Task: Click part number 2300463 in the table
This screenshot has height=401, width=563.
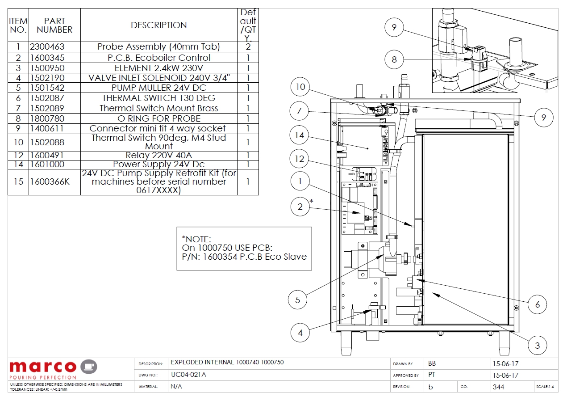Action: (x=47, y=47)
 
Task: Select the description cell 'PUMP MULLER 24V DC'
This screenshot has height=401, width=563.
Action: (x=158, y=88)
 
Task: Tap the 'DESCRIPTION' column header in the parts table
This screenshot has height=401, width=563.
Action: (x=158, y=25)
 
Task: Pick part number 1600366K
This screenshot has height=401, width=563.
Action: (x=50, y=182)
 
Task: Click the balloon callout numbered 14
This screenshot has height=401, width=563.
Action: (x=300, y=135)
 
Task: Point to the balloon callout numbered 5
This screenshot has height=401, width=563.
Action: (x=298, y=300)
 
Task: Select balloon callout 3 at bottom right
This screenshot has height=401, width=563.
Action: (x=537, y=346)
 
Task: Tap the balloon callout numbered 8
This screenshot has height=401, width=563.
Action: (x=394, y=59)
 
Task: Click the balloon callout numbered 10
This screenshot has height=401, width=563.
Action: (x=300, y=87)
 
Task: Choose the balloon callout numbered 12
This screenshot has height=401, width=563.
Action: (x=300, y=158)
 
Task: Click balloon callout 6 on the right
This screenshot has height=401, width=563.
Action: (x=538, y=304)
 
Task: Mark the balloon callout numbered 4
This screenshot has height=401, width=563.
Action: (x=300, y=333)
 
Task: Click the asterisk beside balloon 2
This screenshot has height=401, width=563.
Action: (x=312, y=202)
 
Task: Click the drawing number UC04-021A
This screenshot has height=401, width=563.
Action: (x=188, y=375)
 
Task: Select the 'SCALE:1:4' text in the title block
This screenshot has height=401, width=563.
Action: (x=546, y=387)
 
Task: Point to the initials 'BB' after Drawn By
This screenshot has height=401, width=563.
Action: (x=432, y=363)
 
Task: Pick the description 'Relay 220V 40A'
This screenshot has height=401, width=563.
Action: (x=158, y=156)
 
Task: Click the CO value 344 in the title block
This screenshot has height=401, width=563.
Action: (x=498, y=387)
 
